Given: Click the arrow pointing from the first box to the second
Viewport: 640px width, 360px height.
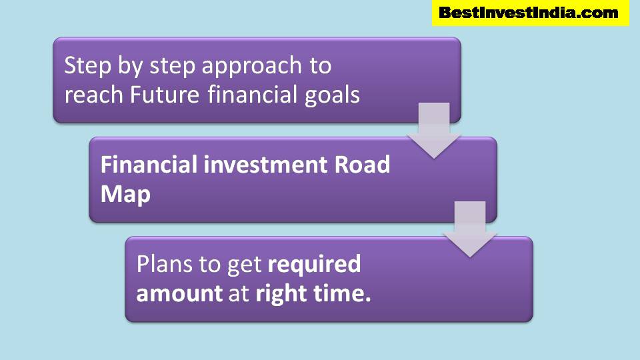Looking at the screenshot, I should point(433,132).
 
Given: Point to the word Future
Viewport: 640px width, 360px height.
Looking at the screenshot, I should point(165,95).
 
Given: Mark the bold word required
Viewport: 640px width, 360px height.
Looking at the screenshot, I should point(314,265).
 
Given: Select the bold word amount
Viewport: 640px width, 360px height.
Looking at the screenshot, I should point(179,294).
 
